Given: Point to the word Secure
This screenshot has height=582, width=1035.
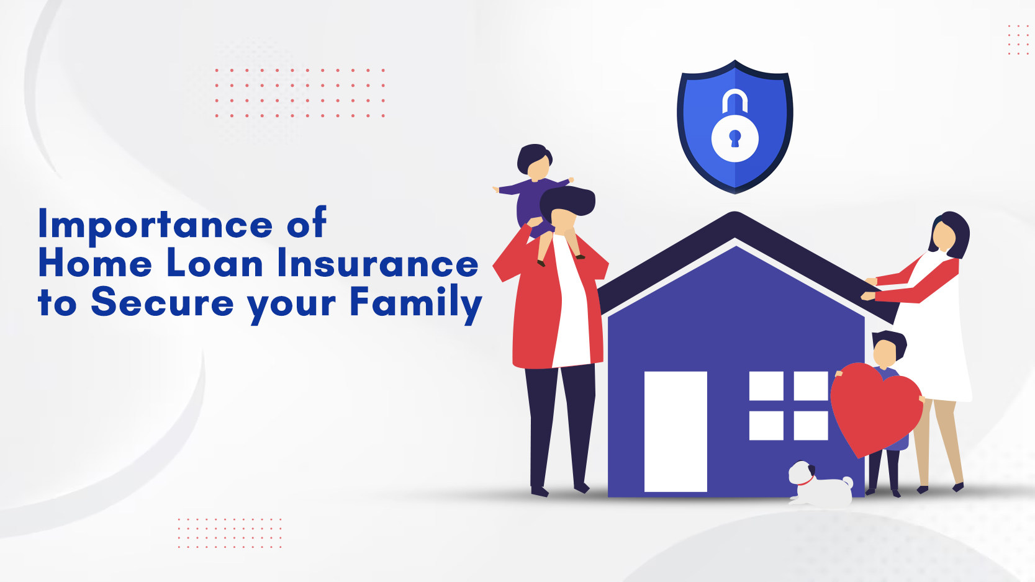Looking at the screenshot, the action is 162,303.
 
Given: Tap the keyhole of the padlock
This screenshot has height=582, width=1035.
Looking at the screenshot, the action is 734,138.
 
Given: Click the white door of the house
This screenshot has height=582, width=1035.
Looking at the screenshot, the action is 676,431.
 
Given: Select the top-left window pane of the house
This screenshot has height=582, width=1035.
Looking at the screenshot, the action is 766,386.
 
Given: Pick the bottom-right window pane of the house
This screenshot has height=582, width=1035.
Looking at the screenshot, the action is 811,426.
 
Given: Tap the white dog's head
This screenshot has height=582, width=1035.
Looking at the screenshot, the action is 802,472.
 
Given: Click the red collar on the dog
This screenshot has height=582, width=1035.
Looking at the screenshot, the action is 807,481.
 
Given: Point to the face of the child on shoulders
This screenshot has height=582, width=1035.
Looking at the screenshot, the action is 538,169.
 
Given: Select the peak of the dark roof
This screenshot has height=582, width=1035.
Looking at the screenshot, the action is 734,214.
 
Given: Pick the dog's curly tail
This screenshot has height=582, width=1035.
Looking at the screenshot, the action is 847,482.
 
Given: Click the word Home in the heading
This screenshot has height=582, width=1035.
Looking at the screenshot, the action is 95,264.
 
